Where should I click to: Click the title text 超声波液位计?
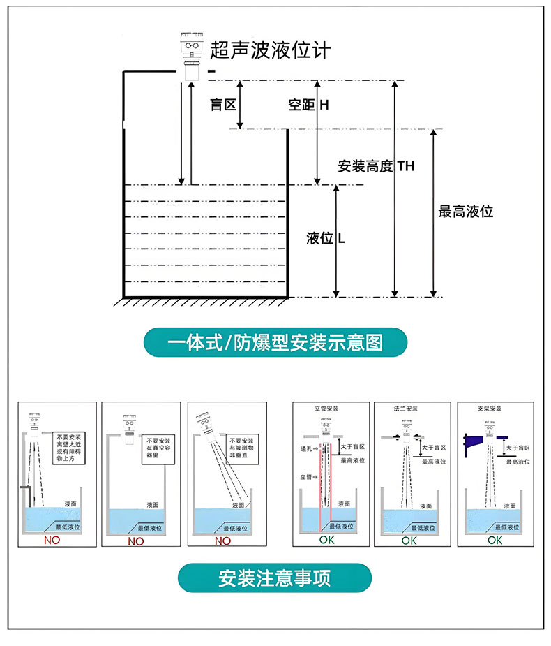pos(270,50)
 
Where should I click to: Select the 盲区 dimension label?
pos(223,105)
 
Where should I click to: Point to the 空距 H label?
pos(308,105)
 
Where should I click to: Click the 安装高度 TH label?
pos(375,166)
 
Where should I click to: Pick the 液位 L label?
pos(326,238)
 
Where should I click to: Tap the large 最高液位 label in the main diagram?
pos(465,211)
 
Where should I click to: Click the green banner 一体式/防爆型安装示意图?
pos(275,343)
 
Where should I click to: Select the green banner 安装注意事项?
pos(274,578)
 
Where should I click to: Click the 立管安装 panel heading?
pos(326,408)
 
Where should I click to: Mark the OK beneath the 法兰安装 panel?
pos(409,540)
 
